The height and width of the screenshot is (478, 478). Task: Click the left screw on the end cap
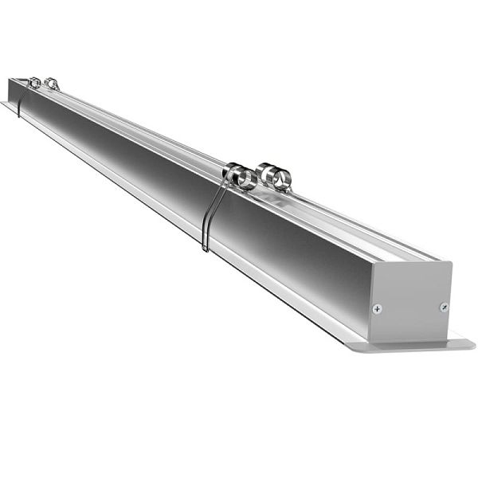(378, 308)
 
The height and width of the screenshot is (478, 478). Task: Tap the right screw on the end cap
(444, 307)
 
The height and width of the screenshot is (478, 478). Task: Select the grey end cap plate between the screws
(410, 303)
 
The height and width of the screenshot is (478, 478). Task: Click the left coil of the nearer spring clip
(239, 176)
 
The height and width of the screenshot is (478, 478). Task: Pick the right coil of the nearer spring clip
(273, 177)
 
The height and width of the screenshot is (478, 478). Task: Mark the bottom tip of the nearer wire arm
(205, 250)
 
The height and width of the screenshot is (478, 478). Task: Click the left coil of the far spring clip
(34, 82)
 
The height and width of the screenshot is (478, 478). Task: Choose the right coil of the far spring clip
(52, 83)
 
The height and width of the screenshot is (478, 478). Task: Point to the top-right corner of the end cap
(452, 263)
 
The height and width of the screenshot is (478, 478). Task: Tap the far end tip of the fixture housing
(10, 80)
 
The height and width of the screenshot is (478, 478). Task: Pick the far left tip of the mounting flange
(2, 103)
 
